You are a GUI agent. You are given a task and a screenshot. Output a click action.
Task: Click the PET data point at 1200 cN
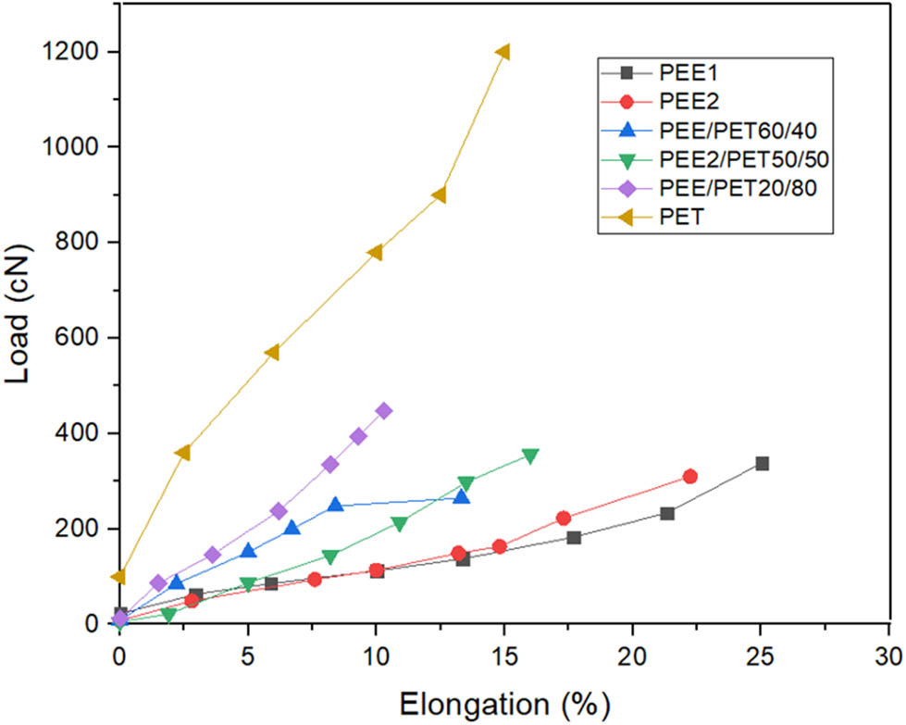click(x=503, y=52)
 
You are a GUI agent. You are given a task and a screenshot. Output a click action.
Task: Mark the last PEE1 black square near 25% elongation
click(x=762, y=463)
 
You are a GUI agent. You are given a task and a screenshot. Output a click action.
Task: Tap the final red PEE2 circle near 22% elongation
click(x=689, y=476)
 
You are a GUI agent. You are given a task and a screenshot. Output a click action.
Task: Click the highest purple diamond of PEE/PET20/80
click(x=383, y=410)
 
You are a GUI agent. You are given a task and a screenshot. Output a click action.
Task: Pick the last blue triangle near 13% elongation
click(x=461, y=497)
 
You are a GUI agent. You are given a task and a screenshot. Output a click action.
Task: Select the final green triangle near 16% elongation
click(x=530, y=456)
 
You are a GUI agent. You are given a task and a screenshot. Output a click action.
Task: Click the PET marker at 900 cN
click(x=440, y=195)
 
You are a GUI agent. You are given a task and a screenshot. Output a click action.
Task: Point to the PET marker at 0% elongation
click(x=118, y=577)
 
